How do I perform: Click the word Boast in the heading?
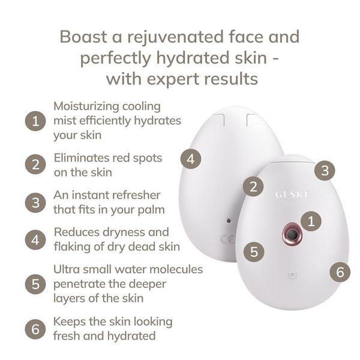coord(83,37)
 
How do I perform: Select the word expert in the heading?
coord(173,80)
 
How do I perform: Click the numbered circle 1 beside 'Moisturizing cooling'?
coord(35,121)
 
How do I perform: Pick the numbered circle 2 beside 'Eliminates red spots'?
coord(35,164)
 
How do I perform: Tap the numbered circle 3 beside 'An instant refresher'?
coord(35,203)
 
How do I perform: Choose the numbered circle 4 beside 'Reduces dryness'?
coord(35,239)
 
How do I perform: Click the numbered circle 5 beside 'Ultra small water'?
coord(35,284)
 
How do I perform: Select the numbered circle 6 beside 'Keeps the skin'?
coord(35,329)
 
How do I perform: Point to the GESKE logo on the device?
coord(292,194)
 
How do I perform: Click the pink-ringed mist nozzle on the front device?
coord(292,234)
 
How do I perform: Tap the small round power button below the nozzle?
coord(292,275)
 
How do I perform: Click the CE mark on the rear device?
coord(227,239)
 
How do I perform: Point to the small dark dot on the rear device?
coord(229,221)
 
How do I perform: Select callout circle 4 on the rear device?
coord(191,159)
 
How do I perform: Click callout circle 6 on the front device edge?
coord(340,272)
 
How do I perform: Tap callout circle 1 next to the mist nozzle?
coord(311,221)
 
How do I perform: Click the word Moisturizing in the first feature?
coord(86,106)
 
